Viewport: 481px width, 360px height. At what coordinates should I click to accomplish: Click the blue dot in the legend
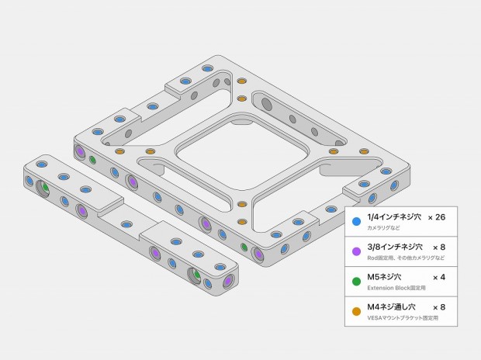(356, 221)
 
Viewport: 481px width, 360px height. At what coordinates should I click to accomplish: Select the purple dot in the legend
(356, 251)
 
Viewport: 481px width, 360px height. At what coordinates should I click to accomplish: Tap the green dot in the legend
(356, 281)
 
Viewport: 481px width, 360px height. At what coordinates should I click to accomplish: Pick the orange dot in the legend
(356, 311)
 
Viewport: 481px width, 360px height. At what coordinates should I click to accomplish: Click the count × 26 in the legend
(437, 217)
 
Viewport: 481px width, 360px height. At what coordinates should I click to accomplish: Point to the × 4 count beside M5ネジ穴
(439, 278)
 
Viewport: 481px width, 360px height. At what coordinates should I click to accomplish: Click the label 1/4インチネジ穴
(394, 217)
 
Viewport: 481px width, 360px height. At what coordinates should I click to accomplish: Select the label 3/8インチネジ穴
(395, 247)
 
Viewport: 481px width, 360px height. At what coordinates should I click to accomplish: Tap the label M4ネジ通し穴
(392, 307)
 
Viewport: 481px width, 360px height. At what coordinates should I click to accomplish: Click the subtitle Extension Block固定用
(396, 288)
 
